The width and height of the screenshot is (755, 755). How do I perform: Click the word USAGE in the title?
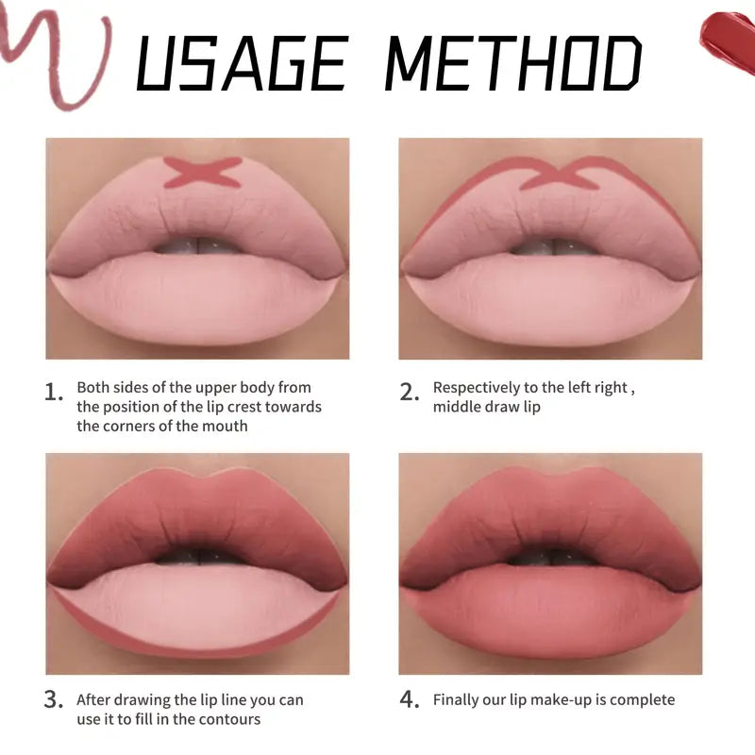pos(241,64)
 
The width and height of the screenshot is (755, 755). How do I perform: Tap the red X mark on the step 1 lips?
pos(202,173)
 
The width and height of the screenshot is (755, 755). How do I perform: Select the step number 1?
pos(54,392)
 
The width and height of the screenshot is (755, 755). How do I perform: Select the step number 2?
pos(409,392)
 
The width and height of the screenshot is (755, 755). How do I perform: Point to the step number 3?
pos(54,700)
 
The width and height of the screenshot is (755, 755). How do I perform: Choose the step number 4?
pos(409,700)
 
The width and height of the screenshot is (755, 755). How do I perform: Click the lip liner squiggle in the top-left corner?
pos(57,57)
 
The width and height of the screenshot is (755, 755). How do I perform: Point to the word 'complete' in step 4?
pos(645,700)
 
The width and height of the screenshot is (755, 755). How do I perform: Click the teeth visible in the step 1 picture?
pos(198,246)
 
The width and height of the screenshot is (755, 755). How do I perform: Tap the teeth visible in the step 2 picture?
pos(551,246)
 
